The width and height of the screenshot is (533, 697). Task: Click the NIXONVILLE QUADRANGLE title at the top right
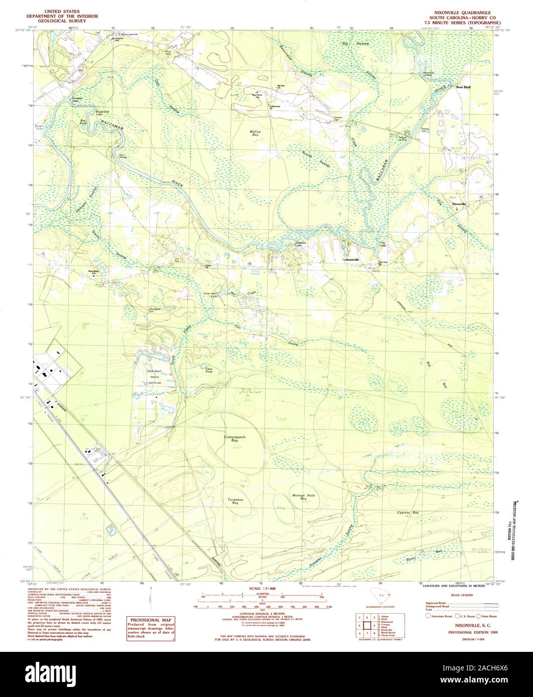(459, 10)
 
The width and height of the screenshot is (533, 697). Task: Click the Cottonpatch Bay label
(234, 440)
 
